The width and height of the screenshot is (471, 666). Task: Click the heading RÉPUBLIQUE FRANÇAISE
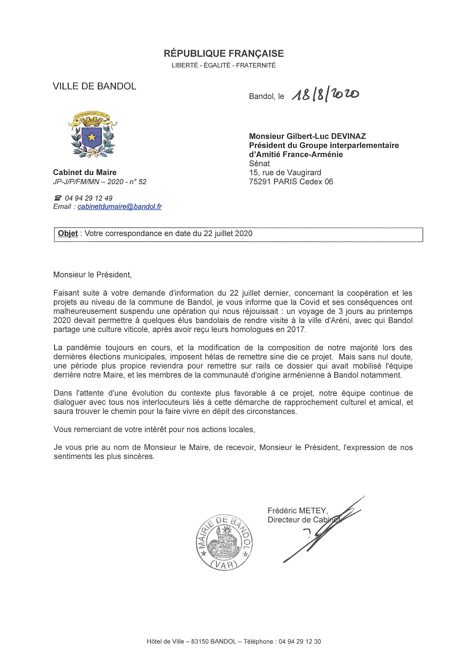click(x=224, y=54)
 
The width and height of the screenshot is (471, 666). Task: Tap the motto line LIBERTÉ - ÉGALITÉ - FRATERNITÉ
click(x=224, y=65)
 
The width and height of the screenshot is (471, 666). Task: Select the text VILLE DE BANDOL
click(x=94, y=86)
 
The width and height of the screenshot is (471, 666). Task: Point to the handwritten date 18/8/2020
click(x=325, y=94)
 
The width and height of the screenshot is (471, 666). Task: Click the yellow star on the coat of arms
click(x=92, y=137)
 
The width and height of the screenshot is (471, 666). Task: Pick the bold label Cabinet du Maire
click(x=85, y=172)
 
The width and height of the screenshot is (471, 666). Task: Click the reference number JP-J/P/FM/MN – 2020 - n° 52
click(x=100, y=182)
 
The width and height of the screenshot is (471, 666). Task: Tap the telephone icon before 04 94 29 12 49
click(x=58, y=198)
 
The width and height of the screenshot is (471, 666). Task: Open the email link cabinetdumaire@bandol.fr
click(x=120, y=207)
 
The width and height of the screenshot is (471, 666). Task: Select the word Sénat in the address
click(x=259, y=164)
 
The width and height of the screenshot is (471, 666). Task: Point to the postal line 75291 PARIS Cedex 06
click(x=291, y=182)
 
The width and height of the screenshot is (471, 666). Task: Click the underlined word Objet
click(x=68, y=233)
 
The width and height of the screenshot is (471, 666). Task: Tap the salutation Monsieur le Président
click(x=92, y=275)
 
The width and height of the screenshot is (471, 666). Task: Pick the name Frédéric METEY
click(x=297, y=511)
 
